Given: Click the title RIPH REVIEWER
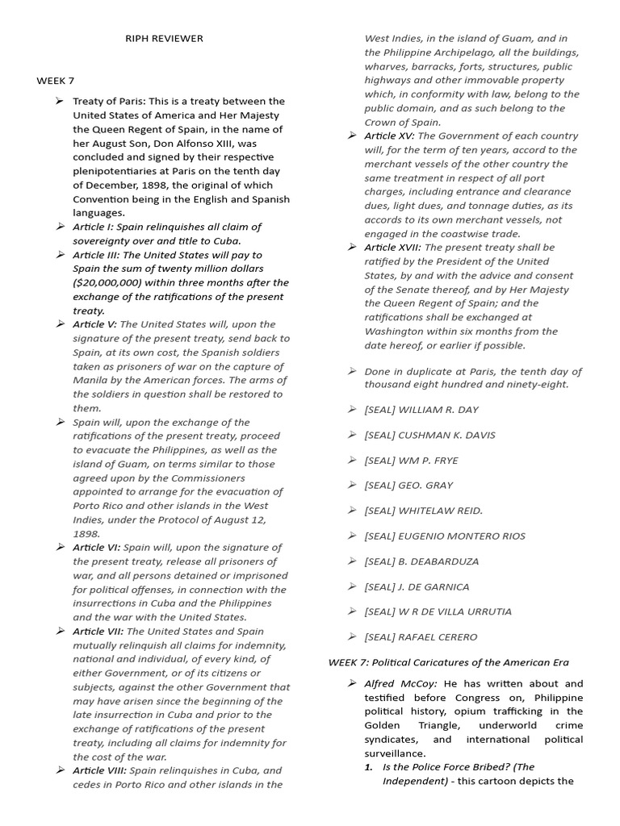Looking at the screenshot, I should [x=164, y=39].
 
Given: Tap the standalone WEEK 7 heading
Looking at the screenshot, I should [x=56, y=81].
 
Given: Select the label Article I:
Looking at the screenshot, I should [x=96, y=227].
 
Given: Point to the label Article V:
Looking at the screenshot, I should [x=94, y=323].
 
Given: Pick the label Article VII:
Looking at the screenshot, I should [x=98, y=632].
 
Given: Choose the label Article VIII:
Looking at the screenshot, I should [x=99, y=770].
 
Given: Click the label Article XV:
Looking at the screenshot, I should [x=389, y=136].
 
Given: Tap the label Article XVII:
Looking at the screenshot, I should [x=392, y=247].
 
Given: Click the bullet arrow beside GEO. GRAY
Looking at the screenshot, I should [x=352, y=485].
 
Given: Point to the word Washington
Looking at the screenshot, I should [x=400, y=331].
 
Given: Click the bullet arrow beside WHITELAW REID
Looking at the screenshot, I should [x=352, y=510].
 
